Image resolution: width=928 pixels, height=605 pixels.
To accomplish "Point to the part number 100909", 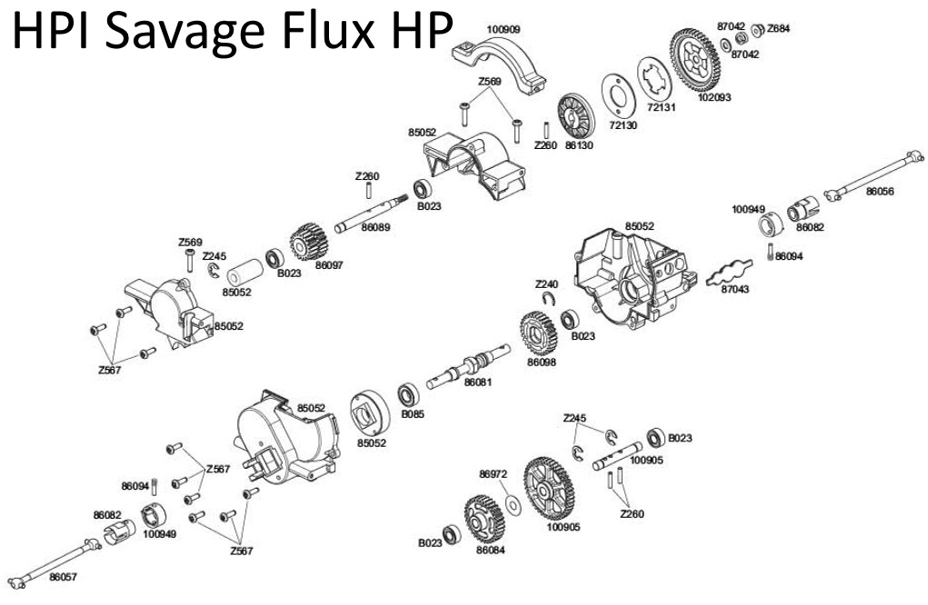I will pyautogui.click(x=504, y=29).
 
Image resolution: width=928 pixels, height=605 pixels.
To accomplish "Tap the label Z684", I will pyautogui.click(x=778, y=28).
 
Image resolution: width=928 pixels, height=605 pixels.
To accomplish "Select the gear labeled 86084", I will pyautogui.click(x=483, y=521).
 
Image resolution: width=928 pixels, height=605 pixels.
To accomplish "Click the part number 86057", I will pyautogui.click(x=64, y=576).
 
